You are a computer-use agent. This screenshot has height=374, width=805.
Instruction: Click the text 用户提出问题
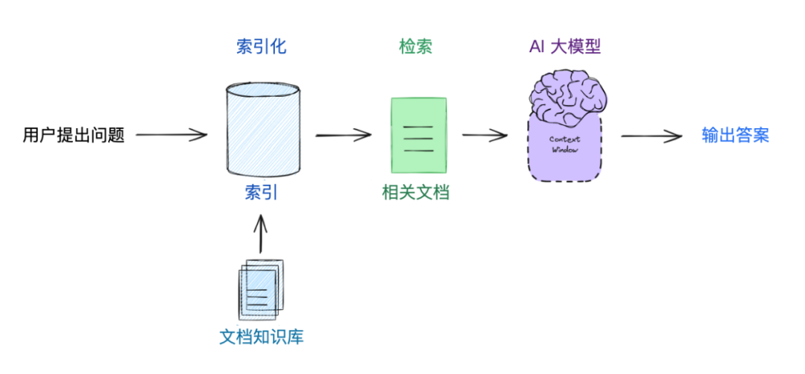[73, 136]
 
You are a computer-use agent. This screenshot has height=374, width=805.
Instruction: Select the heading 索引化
[261, 47]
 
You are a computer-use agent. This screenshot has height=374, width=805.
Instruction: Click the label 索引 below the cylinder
[261, 193]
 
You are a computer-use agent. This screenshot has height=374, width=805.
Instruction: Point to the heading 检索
[416, 47]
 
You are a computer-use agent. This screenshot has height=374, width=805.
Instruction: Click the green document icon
[418, 135]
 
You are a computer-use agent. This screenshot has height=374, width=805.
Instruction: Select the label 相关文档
[416, 193]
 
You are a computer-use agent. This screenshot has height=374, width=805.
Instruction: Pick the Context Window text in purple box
[564, 145]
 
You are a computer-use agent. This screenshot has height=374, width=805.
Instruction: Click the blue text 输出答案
[735, 136]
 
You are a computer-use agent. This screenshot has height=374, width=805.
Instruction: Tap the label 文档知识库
[262, 337]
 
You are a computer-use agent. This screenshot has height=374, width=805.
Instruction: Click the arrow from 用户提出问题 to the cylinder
[171, 135]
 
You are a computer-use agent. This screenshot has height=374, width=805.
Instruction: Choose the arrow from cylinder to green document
[343, 135]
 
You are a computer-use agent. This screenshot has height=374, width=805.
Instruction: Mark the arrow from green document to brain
[484, 135]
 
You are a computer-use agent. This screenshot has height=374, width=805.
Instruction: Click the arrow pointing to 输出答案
[651, 136]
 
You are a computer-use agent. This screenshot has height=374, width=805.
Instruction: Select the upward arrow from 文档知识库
[260, 234]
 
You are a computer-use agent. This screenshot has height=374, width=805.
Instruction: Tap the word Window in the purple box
[564, 150]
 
